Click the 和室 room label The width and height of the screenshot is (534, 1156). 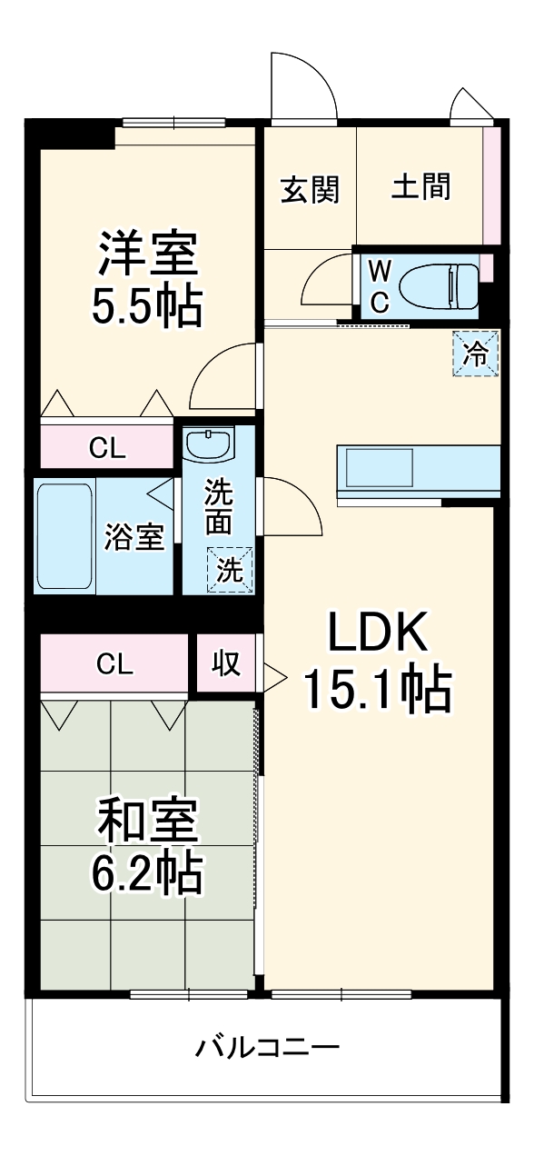tap(147, 822)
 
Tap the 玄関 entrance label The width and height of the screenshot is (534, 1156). tap(309, 190)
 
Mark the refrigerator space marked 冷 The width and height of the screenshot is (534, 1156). tap(475, 354)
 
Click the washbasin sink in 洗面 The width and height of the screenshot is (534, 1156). tap(209, 445)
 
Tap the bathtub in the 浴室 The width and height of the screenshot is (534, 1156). tap(65, 535)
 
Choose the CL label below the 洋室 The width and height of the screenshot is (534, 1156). tap(107, 447)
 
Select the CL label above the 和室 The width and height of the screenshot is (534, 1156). tap(114, 664)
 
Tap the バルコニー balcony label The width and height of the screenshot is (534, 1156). tap(267, 1049)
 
